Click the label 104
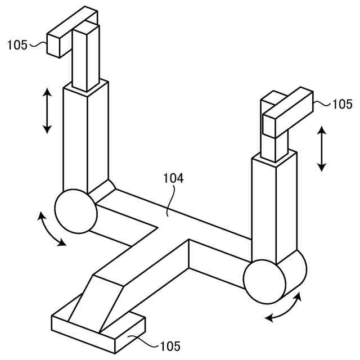[173, 179]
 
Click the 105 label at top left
[17, 45]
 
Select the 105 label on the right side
[342, 104]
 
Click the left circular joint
[75, 210]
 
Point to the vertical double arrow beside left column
[47, 110]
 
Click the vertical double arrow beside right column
[321, 148]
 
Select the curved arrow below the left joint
[50, 228]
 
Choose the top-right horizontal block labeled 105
[288, 111]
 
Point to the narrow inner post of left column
[85, 56]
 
